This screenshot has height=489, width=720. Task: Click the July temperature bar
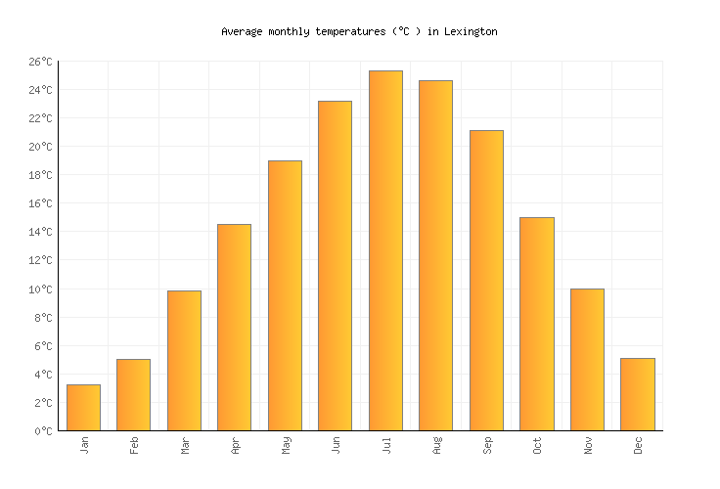pyautogui.click(x=385, y=250)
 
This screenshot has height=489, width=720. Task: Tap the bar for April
pyautogui.click(x=234, y=327)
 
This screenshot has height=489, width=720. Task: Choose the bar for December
pyautogui.click(x=637, y=394)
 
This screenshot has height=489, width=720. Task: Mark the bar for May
pyautogui.click(x=285, y=295)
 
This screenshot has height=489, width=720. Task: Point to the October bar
pyautogui.click(x=536, y=324)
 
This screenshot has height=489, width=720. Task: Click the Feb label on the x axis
pyautogui.click(x=134, y=445)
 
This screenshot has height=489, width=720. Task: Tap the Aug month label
pyautogui.click(x=436, y=445)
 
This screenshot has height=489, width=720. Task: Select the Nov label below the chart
pyautogui.click(x=588, y=445)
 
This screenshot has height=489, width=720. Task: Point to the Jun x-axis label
pyautogui.click(x=336, y=445)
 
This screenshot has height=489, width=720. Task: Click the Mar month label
pyautogui.click(x=185, y=445)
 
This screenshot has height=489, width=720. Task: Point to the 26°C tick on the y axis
pyautogui.click(x=40, y=62)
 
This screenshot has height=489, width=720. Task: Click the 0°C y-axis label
pyautogui.click(x=43, y=431)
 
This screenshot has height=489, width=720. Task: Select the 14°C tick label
pyautogui.click(x=40, y=233)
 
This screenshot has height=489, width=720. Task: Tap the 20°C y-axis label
pyautogui.click(x=40, y=147)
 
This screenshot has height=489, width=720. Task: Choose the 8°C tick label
pyautogui.click(x=43, y=318)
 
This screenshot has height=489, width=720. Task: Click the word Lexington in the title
pyautogui.click(x=470, y=31)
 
